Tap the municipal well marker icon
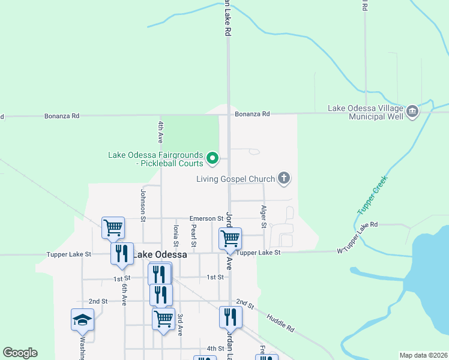[412, 111]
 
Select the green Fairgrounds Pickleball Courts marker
[212, 158]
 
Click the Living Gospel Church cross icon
[285, 178]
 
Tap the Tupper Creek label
[372, 194]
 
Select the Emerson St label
[206, 218]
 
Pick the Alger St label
[264, 217]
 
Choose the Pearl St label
[193, 236]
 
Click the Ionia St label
[176, 236]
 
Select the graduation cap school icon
[83, 319]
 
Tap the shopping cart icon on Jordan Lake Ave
[230, 238]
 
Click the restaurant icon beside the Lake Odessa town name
[122, 253]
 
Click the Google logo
[20, 353]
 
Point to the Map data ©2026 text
[423, 355]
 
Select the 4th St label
[215, 348]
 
